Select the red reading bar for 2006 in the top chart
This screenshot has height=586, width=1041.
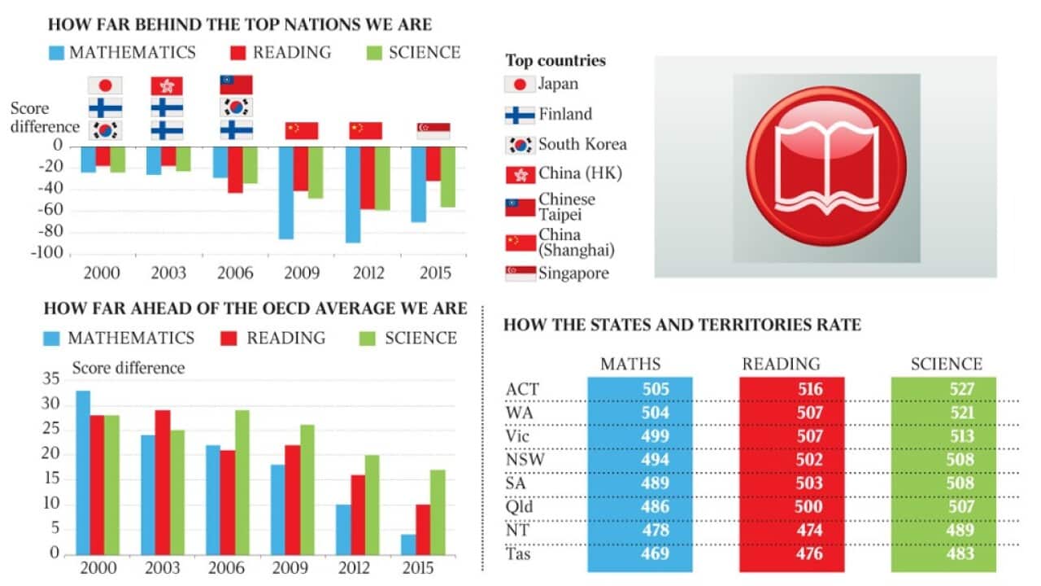(x=235, y=169)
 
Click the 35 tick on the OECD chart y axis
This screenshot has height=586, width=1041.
(x=50, y=378)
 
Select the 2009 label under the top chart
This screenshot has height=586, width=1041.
(x=300, y=272)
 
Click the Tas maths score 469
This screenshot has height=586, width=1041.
(x=656, y=554)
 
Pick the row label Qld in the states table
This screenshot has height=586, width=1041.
(x=519, y=507)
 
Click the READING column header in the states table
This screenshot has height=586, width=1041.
(x=781, y=364)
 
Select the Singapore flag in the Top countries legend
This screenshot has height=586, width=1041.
(x=520, y=273)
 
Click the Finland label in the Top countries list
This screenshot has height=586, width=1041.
(x=565, y=115)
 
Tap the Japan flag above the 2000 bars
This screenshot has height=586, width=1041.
(x=105, y=85)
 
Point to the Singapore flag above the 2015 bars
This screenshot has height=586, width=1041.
(x=433, y=130)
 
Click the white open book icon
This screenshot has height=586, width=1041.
(x=825, y=168)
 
